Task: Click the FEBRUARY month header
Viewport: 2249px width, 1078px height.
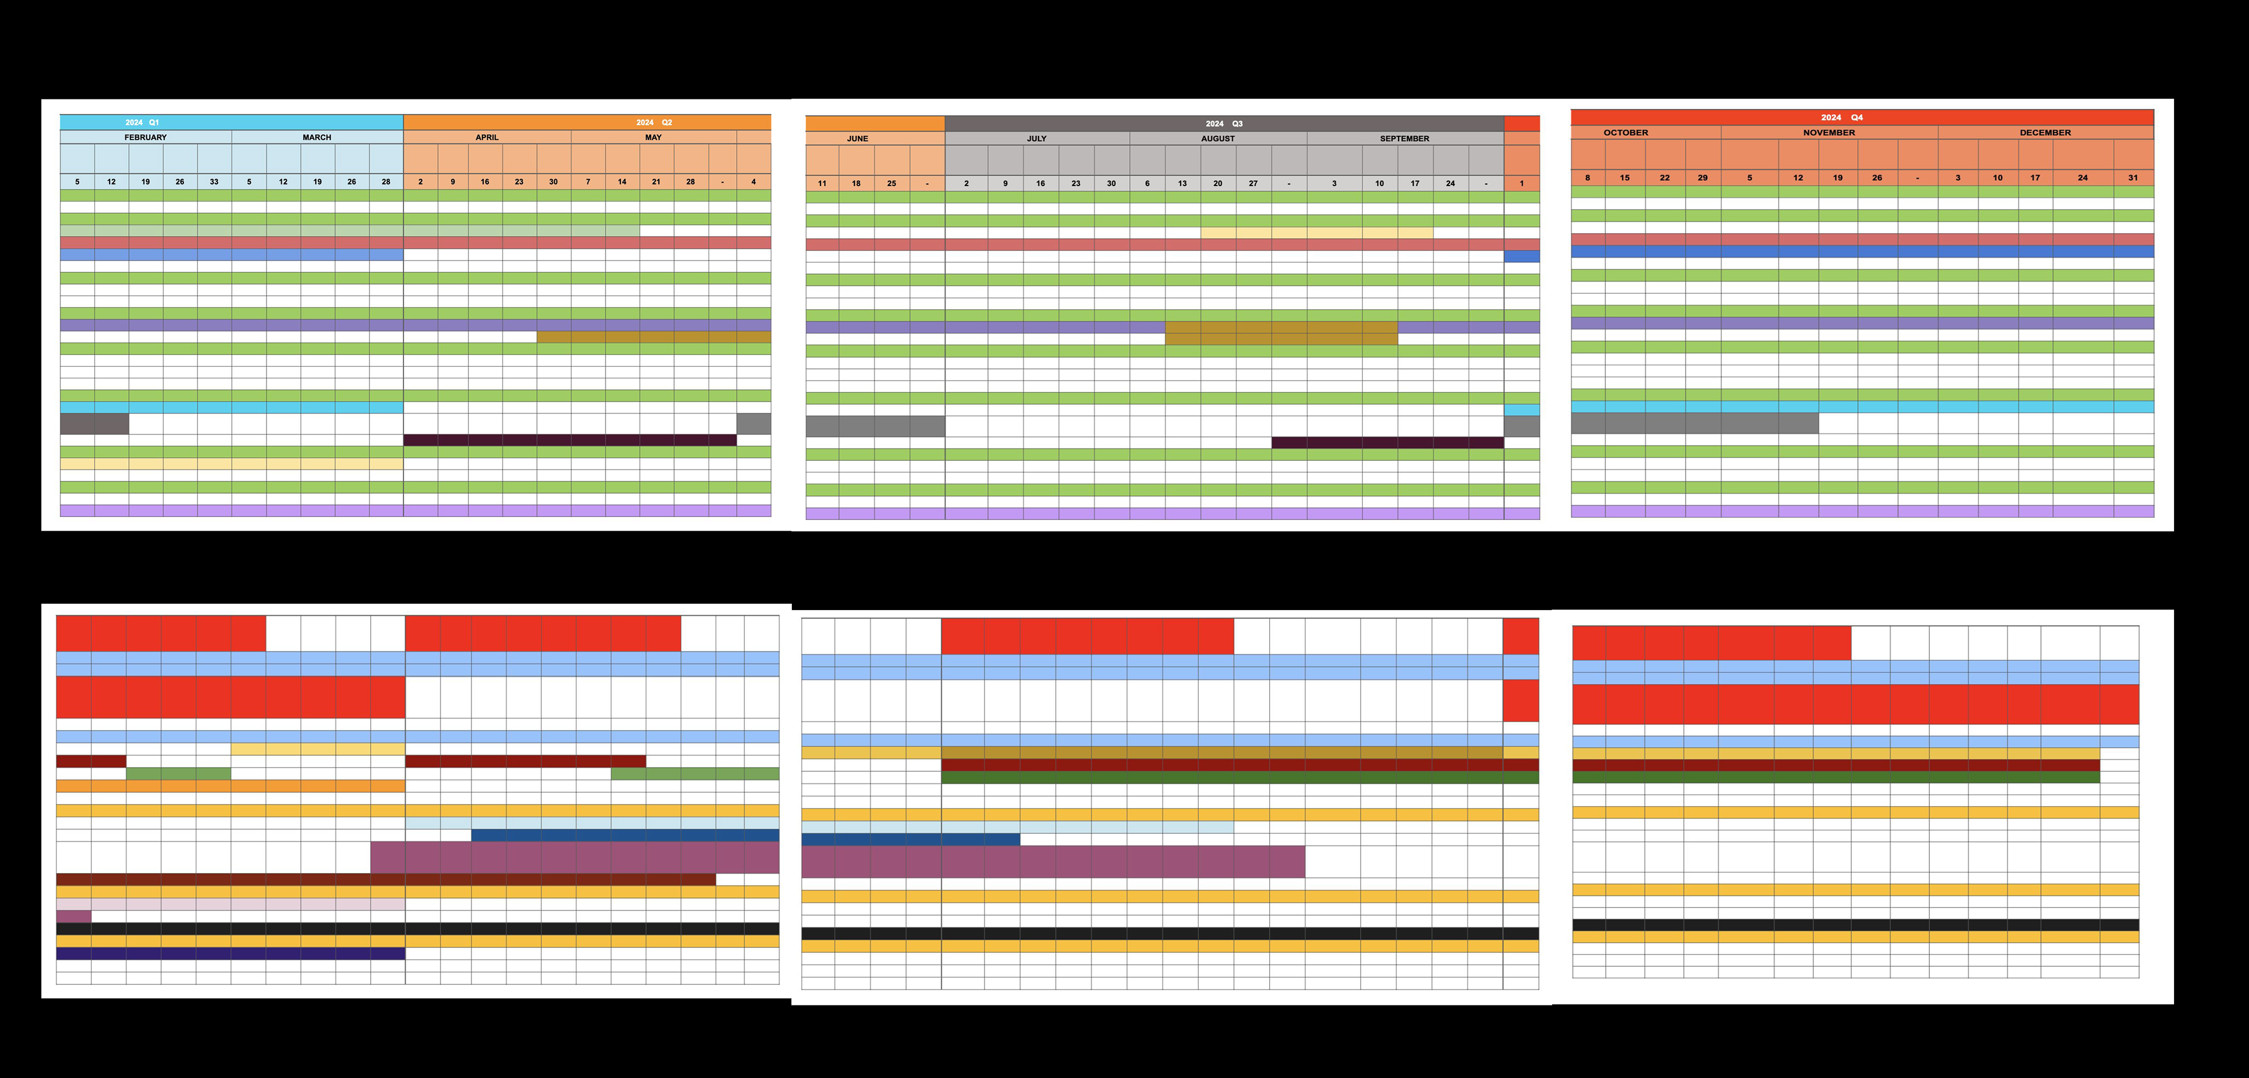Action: coord(145,137)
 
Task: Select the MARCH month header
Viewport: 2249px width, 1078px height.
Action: coord(317,137)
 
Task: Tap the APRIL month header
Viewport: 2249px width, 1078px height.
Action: coord(487,137)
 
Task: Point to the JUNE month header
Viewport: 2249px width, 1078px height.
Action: coord(857,139)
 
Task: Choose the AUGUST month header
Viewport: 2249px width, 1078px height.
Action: coord(1218,139)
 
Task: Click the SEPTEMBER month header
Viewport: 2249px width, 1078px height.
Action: coord(1405,139)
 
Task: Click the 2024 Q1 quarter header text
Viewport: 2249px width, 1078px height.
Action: coord(142,122)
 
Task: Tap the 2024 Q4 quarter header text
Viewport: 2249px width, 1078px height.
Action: coord(1841,117)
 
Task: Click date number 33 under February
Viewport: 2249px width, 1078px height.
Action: coord(214,182)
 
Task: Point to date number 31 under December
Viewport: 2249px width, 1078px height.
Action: coord(2133,178)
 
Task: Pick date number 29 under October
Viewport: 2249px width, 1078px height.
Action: coord(1703,178)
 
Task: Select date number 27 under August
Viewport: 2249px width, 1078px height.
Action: coord(1253,183)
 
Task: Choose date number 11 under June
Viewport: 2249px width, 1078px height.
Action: coord(822,183)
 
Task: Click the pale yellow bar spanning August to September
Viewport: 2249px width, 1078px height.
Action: coord(1317,233)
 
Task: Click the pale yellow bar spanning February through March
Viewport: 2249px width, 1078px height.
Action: coord(231,464)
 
